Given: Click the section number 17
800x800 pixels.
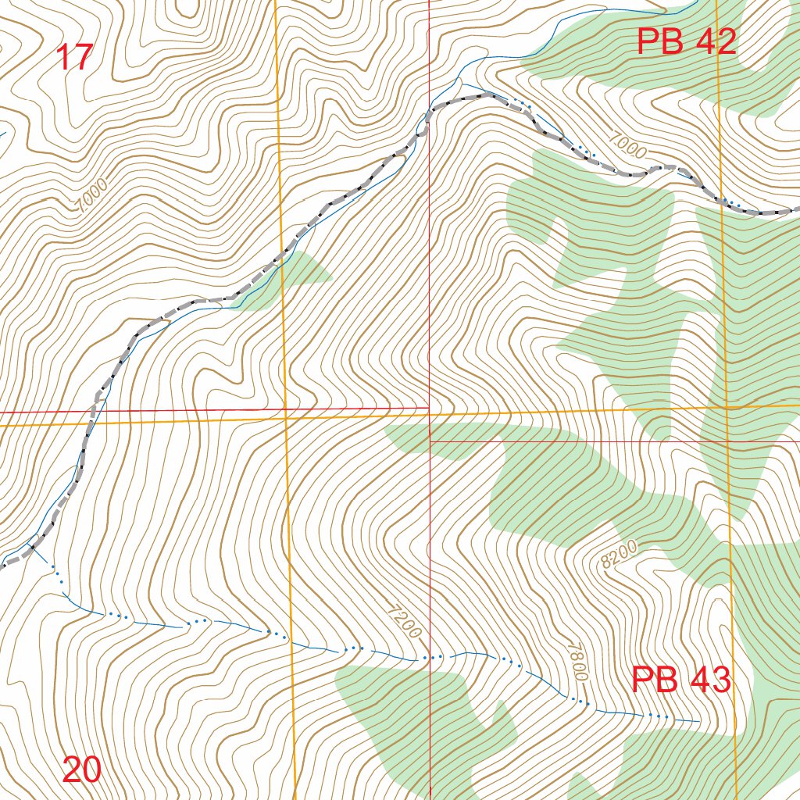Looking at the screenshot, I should tap(76, 58).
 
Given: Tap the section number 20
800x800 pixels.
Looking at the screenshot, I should tap(81, 770).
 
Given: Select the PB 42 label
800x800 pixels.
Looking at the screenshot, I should tap(686, 41).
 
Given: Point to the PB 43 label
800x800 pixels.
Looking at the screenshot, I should tap(680, 679).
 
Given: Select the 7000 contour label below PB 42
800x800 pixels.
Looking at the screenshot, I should tap(625, 146).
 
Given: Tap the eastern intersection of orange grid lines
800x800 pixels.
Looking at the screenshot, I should tap(726, 407).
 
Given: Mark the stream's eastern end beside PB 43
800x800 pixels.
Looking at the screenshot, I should tap(698, 721).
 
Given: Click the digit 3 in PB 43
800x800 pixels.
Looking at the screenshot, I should tap(719, 679).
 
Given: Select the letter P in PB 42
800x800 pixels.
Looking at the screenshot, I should tap(649, 41).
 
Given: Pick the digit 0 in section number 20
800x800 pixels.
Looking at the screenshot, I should tap(91, 770).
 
